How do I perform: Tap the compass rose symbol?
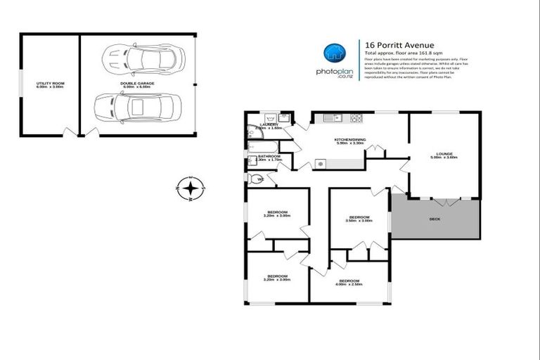(x=190, y=188)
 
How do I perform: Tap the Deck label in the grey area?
(x=436, y=219)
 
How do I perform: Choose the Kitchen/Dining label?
(x=349, y=140)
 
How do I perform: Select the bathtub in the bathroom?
(x=257, y=147)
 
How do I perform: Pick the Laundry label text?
(x=269, y=124)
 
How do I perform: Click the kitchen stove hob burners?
(x=356, y=117)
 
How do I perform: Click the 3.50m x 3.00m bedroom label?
(x=359, y=217)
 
